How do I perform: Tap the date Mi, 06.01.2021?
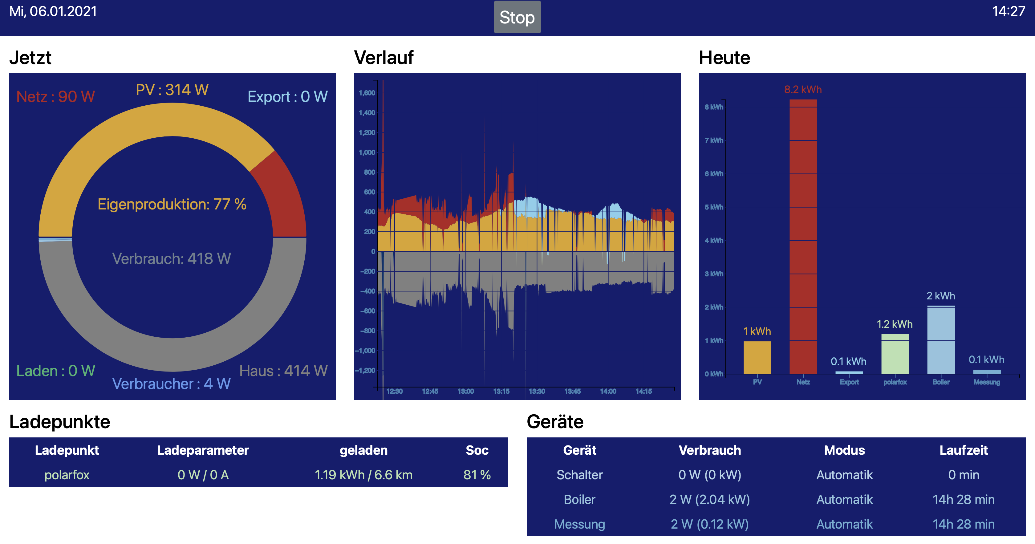coord(53,11)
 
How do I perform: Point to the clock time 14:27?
coord(1008,11)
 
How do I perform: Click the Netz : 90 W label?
coord(55,96)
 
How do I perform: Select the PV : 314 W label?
coord(172,90)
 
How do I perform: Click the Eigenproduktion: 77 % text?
coord(172,204)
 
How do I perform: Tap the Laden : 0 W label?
coord(55,371)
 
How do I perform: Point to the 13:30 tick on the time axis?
coord(537,391)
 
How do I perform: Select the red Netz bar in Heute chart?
coord(803,237)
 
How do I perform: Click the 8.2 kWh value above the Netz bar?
coord(803,89)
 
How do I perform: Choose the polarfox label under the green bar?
coord(895,382)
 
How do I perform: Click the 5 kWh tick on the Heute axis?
coord(714,207)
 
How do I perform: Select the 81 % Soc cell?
coord(477,475)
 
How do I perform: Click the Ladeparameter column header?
coord(203,450)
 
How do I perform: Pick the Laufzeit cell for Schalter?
coord(964,475)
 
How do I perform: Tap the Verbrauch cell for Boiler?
coord(709,499)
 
